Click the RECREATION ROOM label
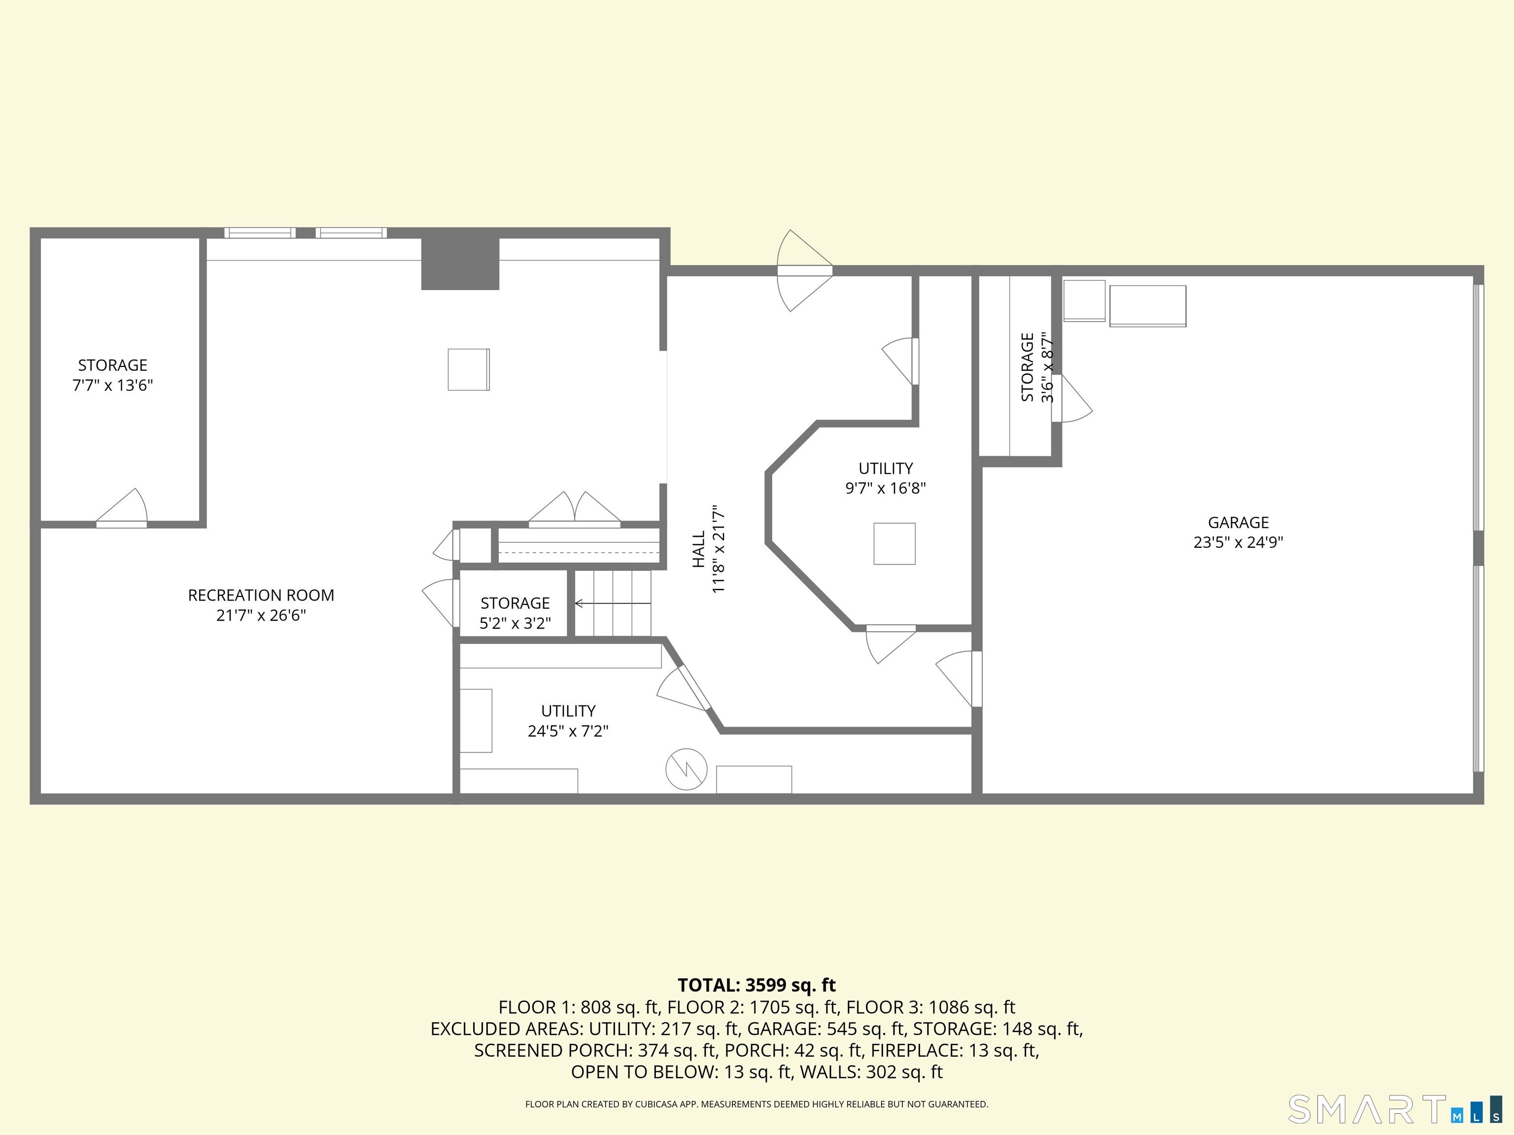point(261,595)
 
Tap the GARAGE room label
point(1238,523)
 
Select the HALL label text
point(699,549)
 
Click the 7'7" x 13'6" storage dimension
point(113,385)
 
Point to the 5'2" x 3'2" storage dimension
point(515,623)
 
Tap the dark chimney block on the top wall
point(460,264)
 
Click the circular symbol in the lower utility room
point(686,769)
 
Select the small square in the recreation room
point(469,369)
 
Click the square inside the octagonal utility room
point(894,544)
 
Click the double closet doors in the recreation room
point(574,510)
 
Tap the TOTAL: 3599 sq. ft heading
point(757,985)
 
